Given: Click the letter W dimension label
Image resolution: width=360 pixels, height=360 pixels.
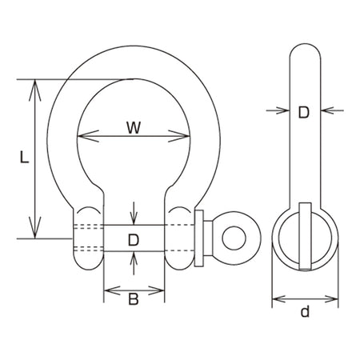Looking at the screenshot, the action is [x=134, y=127].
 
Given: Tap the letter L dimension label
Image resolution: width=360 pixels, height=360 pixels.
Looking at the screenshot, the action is [x=24, y=157].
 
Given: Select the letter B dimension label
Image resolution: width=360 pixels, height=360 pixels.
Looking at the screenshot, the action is [x=134, y=299].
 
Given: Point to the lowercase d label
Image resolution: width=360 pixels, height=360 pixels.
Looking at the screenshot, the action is [x=306, y=311].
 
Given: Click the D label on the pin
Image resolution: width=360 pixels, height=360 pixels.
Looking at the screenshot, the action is [x=134, y=240].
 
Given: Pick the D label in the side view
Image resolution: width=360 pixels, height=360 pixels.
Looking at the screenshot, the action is [x=304, y=112].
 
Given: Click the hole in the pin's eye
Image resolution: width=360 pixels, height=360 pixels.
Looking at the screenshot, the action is [x=234, y=238].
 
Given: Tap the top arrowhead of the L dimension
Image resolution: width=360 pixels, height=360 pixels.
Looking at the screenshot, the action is [x=35, y=90].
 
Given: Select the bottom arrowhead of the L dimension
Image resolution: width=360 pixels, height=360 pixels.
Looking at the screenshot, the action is [x=35, y=227].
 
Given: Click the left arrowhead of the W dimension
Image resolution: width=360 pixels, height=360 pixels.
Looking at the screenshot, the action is [x=88, y=136].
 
